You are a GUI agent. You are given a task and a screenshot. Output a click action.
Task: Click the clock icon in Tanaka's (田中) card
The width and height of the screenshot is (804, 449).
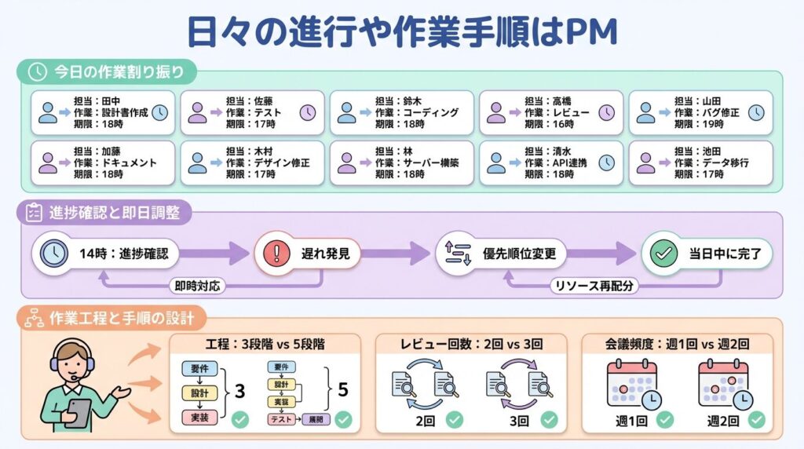pos(159,112)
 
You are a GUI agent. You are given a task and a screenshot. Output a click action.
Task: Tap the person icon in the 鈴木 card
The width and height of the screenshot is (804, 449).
pos(346,113)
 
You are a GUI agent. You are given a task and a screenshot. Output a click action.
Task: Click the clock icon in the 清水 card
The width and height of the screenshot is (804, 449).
pos(607,162)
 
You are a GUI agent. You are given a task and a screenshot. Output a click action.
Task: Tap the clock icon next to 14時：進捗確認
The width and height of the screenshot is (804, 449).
pos(53,254)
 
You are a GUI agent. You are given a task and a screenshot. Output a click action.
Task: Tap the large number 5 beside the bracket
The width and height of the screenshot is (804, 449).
pos(342,389)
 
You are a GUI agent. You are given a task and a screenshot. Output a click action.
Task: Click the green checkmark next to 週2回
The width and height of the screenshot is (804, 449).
pos(755,420)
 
